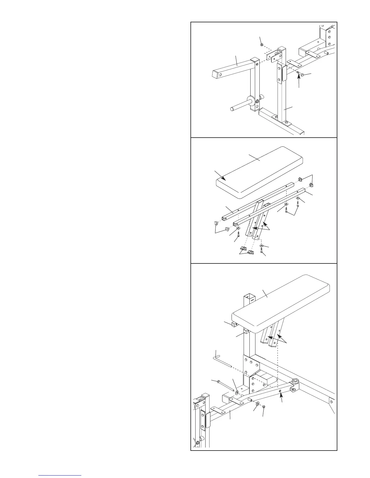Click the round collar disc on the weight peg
(251, 100)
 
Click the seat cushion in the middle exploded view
(260, 172)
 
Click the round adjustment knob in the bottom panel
(295, 382)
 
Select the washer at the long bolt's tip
(237, 392)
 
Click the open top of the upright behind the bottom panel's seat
(249, 296)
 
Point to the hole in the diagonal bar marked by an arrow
(280, 391)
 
